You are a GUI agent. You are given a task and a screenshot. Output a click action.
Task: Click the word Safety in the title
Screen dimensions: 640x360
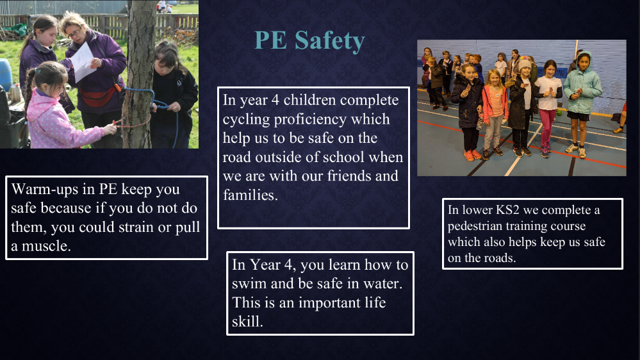point(329,41)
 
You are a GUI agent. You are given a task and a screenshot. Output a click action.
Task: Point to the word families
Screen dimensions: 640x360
point(250,195)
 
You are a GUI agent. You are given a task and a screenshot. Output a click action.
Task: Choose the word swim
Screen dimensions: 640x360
point(249,283)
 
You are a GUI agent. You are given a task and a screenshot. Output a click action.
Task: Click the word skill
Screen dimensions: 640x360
point(247,321)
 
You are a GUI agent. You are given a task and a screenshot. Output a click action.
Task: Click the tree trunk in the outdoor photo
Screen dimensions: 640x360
point(139,74)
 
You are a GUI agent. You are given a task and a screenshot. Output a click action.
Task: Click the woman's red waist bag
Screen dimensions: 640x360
point(97,97)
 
